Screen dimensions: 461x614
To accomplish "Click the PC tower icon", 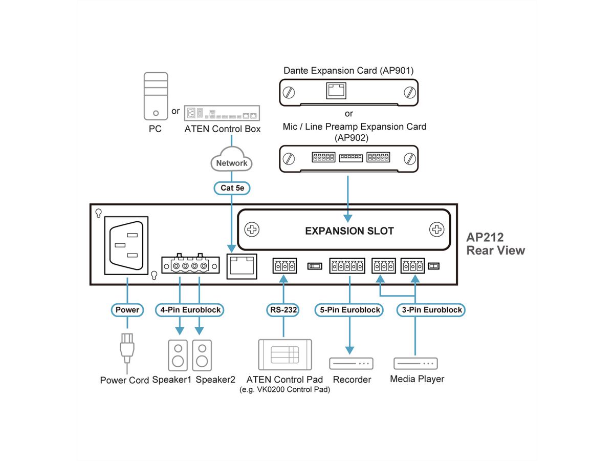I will pyautogui.click(x=156, y=96).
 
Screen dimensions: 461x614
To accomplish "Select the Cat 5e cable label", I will pyautogui.click(x=232, y=188).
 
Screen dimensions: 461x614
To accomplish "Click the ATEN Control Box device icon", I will pyautogui.click(x=222, y=113).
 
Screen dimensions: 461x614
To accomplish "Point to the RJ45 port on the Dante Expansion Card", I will pyautogui.click(x=335, y=92).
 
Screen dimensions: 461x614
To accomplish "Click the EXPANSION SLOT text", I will pyautogui.click(x=349, y=231).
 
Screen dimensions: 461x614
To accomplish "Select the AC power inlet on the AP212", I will pyautogui.click(x=126, y=245).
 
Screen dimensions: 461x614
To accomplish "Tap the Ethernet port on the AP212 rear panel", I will pyautogui.click(x=242, y=265).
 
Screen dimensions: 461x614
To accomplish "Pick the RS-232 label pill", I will pyautogui.click(x=282, y=310).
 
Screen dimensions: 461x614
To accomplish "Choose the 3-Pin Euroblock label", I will pyautogui.click(x=431, y=310).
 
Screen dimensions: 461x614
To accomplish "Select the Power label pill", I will pyautogui.click(x=127, y=310).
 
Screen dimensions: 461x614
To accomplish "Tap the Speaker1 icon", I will pyautogui.click(x=178, y=355).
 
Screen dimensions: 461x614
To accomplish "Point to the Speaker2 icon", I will pyautogui.click(x=202, y=355).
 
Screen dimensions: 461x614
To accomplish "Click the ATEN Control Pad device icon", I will pyautogui.click(x=285, y=354).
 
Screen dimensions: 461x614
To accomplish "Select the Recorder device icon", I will pyautogui.click(x=350, y=363).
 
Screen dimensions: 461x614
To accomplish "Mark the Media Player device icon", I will pyautogui.click(x=415, y=363).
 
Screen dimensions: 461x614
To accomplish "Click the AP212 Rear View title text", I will pyautogui.click(x=495, y=244).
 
